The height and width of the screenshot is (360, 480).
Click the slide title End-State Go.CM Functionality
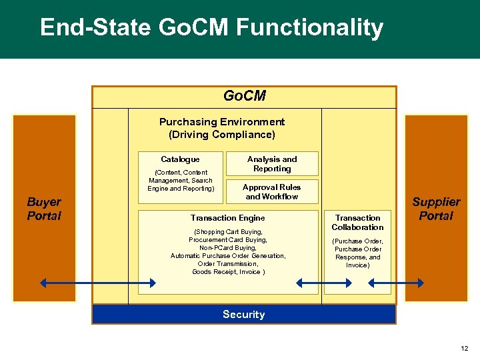click(211, 28)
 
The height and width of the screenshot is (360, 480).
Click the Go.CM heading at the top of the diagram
click(244, 96)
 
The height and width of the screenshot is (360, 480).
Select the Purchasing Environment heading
click(222, 122)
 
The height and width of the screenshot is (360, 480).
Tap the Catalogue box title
click(180, 159)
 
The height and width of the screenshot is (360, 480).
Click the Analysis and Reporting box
click(272, 164)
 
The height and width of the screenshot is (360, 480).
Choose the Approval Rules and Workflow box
click(272, 192)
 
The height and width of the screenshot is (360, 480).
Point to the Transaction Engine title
click(227, 218)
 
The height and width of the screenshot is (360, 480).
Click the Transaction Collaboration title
click(357, 223)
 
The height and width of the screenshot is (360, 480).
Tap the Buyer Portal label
click(44, 209)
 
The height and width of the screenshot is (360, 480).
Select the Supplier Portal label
click(436, 209)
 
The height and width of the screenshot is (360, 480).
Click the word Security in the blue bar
click(244, 315)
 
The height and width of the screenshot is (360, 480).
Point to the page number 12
click(464, 348)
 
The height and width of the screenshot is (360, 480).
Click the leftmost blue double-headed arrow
click(98, 283)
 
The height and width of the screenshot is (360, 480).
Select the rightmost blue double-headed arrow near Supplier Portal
click(396, 283)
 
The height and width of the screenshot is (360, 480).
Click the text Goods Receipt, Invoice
click(228, 271)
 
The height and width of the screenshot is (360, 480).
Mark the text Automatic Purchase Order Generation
click(228, 256)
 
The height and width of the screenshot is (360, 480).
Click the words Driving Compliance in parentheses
click(222, 135)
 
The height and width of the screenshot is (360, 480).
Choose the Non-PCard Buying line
click(228, 248)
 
